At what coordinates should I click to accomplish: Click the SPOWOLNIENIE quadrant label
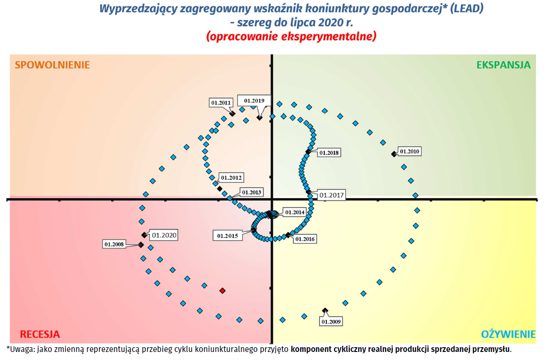(x=52, y=65)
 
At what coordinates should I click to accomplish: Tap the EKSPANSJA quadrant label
(x=504, y=65)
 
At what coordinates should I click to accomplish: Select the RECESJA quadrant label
(x=40, y=334)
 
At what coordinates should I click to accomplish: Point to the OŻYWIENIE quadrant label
(x=508, y=334)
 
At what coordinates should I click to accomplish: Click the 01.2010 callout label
(x=409, y=151)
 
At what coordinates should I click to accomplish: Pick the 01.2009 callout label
(x=331, y=322)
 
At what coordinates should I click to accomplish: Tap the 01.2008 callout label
(x=114, y=244)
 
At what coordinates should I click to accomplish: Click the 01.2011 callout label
(x=221, y=102)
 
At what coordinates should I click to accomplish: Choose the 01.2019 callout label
(x=254, y=100)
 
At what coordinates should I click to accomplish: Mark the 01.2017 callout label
(x=331, y=195)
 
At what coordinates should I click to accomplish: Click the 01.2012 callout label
(x=231, y=178)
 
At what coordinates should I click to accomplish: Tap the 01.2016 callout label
(x=305, y=239)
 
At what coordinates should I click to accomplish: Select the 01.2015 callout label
(x=228, y=236)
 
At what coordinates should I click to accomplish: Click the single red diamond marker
(x=222, y=290)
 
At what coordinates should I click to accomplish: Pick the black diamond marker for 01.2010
(x=393, y=154)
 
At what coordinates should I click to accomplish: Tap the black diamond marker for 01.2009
(x=325, y=310)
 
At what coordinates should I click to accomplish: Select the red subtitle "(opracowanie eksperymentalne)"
(x=291, y=36)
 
